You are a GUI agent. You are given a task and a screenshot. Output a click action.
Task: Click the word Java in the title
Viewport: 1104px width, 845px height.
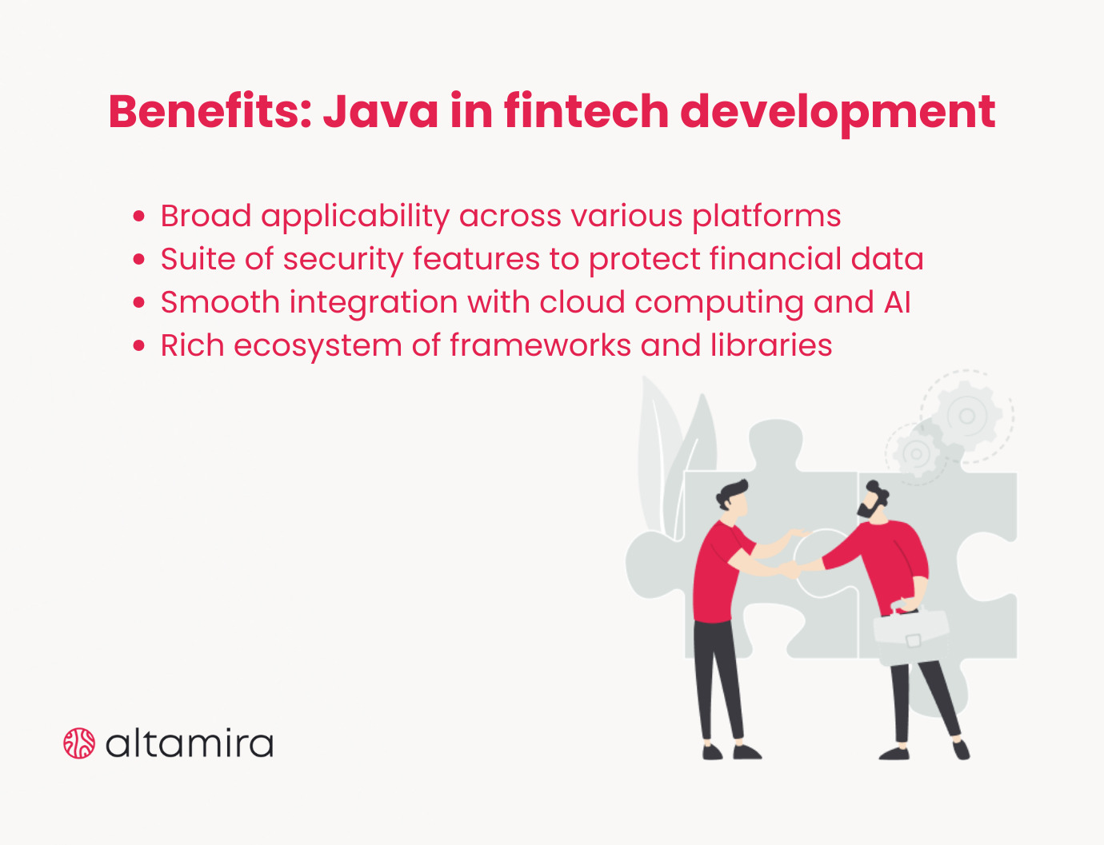[x=381, y=111]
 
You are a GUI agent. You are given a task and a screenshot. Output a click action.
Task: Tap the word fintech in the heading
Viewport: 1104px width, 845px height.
[x=586, y=111]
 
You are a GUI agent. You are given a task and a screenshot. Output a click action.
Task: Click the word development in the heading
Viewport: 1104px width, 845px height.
[x=838, y=111]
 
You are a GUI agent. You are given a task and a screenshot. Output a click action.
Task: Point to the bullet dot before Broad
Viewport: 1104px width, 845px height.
[x=140, y=217]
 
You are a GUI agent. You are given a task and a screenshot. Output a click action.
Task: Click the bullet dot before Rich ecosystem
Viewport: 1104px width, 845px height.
[x=140, y=346]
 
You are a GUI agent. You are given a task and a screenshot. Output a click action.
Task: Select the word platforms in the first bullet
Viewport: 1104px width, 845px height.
[x=766, y=217]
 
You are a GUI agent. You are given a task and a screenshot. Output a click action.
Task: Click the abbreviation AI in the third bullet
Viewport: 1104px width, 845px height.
[x=898, y=303]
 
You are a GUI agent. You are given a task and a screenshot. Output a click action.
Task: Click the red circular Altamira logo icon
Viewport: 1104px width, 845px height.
[x=79, y=743]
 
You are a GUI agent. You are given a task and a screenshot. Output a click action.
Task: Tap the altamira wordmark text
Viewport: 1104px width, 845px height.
[x=190, y=743]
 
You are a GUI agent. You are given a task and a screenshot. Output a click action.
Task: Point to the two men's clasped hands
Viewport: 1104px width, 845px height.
[x=790, y=569]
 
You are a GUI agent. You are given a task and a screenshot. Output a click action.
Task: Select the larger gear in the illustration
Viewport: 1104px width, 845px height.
[x=967, y=416]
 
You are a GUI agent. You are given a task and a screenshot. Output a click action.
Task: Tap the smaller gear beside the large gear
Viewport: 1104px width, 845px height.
[x=917, y=454]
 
